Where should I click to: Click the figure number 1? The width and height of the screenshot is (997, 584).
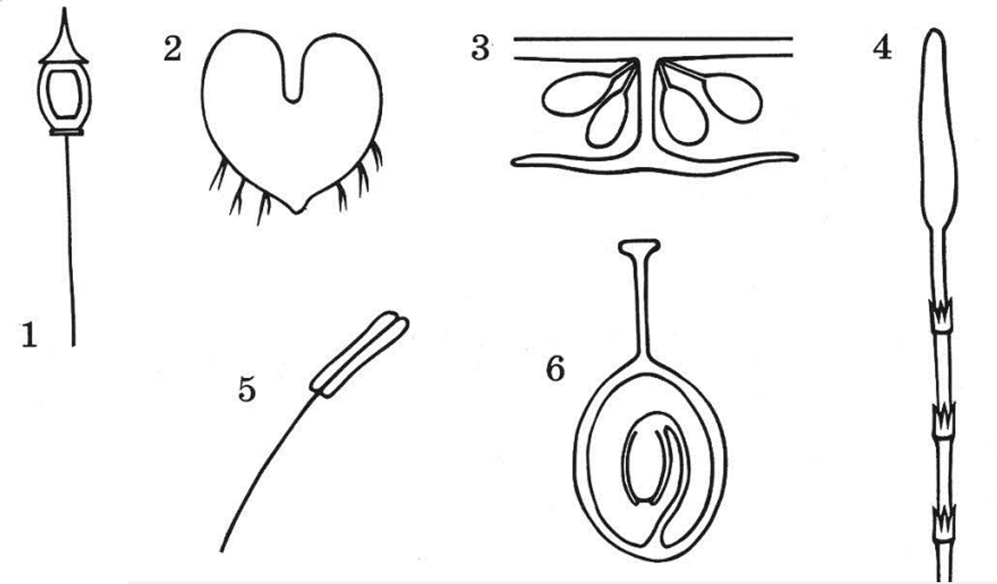pyautogui.click(x=29, y=335)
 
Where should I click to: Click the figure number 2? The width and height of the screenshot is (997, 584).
pyautogui.click(x=173, y=49)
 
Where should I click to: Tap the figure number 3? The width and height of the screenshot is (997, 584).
pyautogui.click(x=481, y=48)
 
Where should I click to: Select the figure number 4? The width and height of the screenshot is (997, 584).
pyautogui.click(x=882, y=48)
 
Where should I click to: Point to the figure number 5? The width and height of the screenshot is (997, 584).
pyautogui.click(x=247, y=389)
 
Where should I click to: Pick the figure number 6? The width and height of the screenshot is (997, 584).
pyautogui.click(x=556, y=369)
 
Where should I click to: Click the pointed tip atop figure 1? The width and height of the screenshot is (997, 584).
pyautogui.click(x=64, y=9)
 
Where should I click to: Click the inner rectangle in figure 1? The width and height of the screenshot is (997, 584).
pyautogui.click(x=64, y=94)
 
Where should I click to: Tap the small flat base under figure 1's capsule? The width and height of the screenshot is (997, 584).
pyautogui.click(x=66, y=132)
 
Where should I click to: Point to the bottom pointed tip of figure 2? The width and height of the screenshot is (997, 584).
pyautogui.click(x=296, y=212)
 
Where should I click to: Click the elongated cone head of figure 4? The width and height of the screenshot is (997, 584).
pyautogui.click(x=937, y=129)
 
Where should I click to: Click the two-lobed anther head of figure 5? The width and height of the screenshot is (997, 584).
pyautogui.click(x=360, y=354)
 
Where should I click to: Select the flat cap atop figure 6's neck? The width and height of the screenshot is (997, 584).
pyautogui.click(x=639, y=246)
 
